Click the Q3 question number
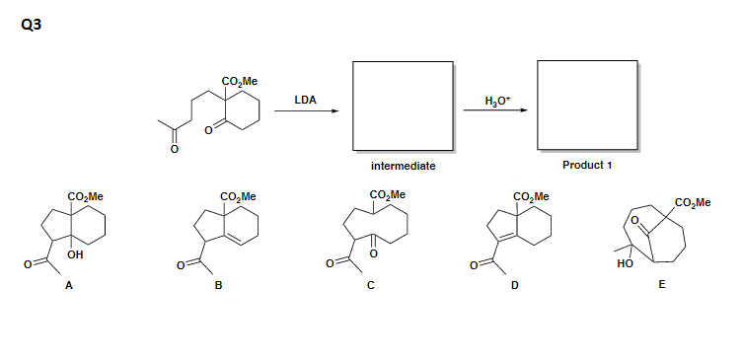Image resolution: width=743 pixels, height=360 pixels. pos(30,26)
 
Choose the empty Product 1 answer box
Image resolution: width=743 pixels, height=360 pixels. pos(588,103)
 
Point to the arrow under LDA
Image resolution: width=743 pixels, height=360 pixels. pos(306,111)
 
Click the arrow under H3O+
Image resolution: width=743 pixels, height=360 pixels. pos(496,111)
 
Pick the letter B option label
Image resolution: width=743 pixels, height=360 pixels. pos(219,286)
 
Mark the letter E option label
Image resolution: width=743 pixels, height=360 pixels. pos(662,286)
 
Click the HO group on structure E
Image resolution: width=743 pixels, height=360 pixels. pos(623,263)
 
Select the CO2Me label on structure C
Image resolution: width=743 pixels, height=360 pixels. pos(389,194)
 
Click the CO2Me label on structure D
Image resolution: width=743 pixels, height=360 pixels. pos(532,196)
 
